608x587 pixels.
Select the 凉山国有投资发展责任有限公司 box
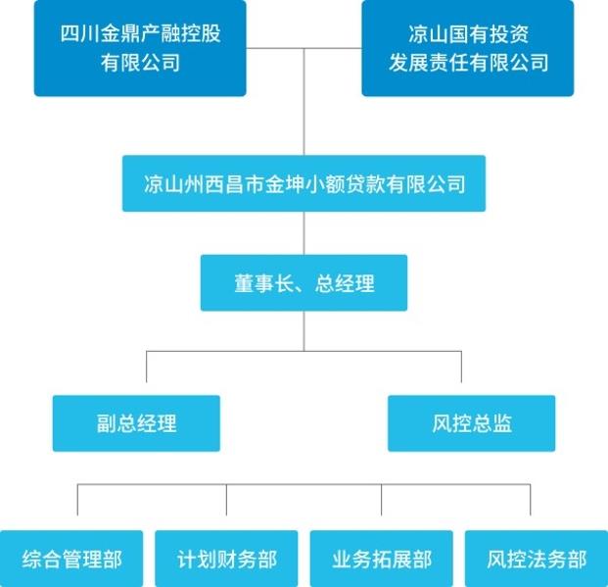click(x=467, y=48)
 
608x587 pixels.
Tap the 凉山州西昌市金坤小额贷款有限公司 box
click(x=304, y=183)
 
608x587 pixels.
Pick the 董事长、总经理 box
click(x=304, y=283)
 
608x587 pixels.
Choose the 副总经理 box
click(x=136, y=423)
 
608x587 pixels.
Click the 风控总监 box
click(x=471, y=423)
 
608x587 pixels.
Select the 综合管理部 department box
click(x=72, y=560)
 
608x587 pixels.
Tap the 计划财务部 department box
click(x=227, y=560)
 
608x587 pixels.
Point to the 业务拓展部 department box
click(x=382, y=560)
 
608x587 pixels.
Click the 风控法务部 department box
click(x=536, y=560)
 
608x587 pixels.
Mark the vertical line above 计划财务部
click(x=227, y=500)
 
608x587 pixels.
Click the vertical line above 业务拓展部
click(x=382, y=500)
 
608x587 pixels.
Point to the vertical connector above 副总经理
click(x=146, y=367)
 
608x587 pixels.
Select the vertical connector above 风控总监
click(x=461, y=367)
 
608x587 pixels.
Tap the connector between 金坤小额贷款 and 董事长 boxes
click(x=304, y=233)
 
